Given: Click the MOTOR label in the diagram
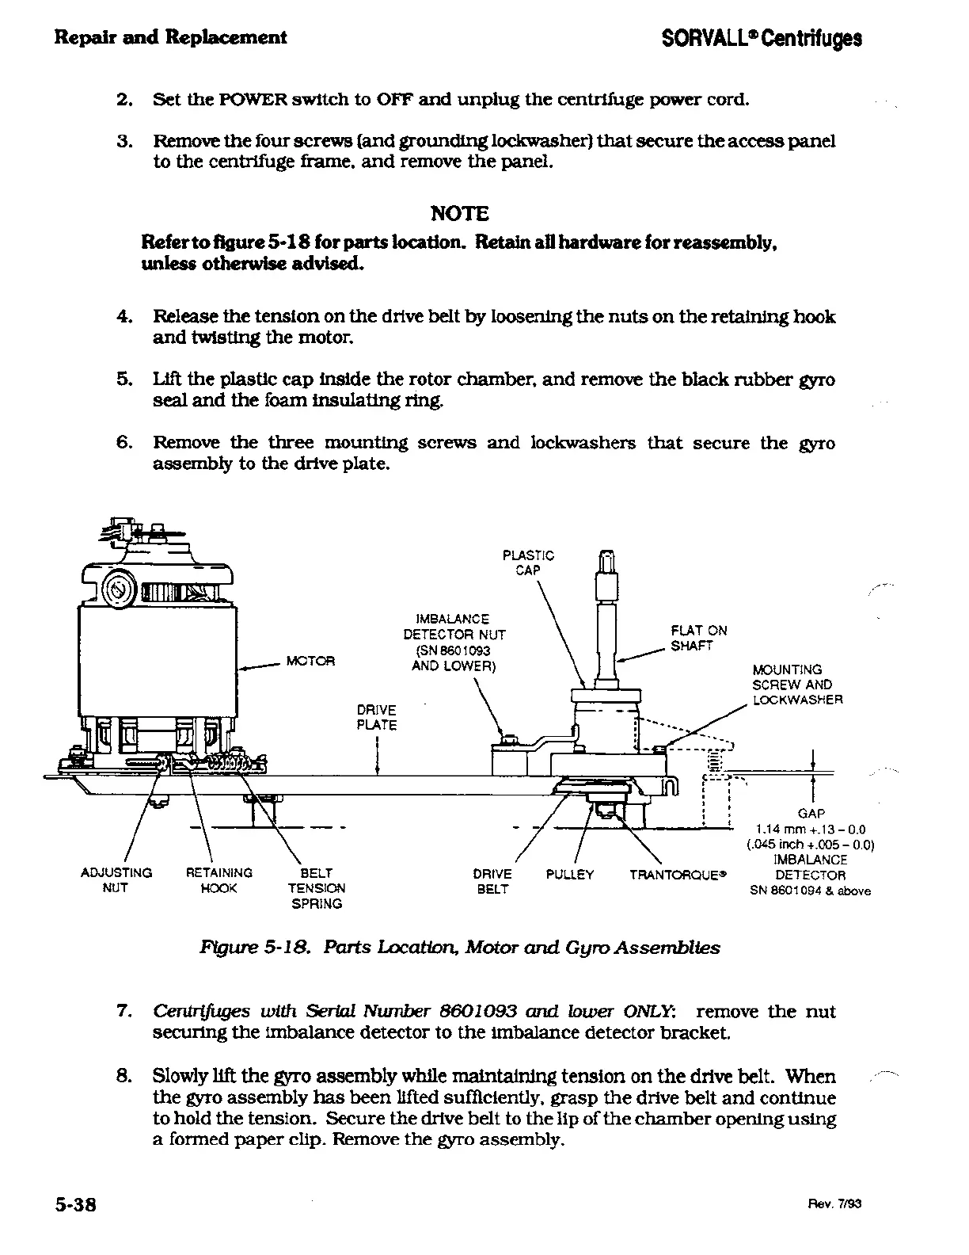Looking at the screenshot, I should tap(310, 661).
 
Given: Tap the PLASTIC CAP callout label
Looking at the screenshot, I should tap(528, 563).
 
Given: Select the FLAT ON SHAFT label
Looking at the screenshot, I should tap(698, 638).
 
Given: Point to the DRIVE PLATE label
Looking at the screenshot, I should tap(376, 717).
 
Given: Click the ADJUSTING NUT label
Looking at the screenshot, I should tap(116, 880).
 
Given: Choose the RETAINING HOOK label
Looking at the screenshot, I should tap(218, 880).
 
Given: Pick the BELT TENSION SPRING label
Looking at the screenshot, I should tap(316, 888).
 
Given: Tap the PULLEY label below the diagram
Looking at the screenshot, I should tap(570, 875).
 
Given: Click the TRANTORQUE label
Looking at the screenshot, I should tap(678, 875).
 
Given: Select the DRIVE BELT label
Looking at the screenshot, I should tap(492, 881).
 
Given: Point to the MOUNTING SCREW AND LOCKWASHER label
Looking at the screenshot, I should tap(797, 685).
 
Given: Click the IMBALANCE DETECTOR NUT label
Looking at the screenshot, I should tap(454, 642).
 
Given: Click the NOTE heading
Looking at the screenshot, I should tap(459, 213).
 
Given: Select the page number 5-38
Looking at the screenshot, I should tap(75, 1204).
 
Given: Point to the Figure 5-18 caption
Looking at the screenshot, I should tap(460, 948).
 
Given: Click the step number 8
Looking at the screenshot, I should tap(123, 1077).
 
